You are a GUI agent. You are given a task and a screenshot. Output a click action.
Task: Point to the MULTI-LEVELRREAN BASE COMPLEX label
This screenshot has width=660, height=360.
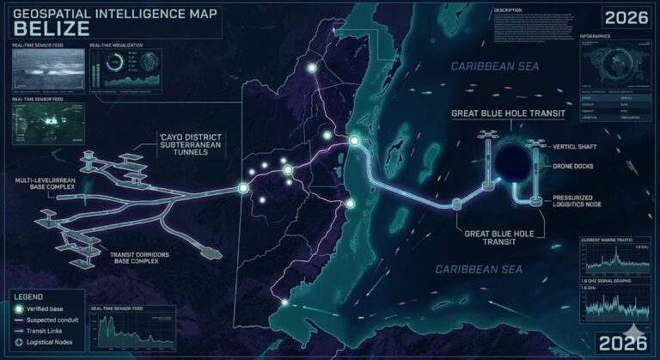pyautogui.click(x=51, y=186)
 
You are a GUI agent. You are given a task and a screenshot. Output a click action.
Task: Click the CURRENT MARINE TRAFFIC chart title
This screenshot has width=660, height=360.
pyautogui.click(x=611, y=238)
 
